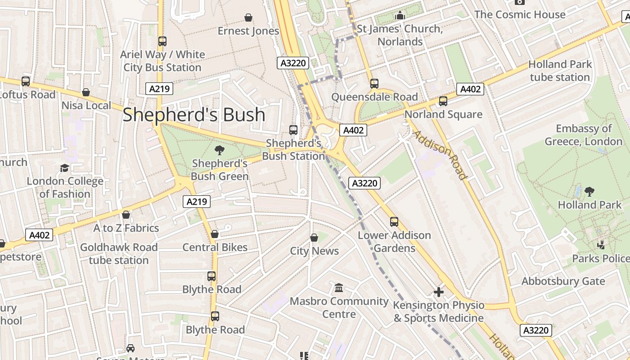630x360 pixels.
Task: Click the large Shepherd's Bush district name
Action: click(x=194, y=115)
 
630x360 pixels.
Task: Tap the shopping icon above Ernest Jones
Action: click(x=248, y=18)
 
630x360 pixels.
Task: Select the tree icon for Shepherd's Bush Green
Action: click(x=219, y=150)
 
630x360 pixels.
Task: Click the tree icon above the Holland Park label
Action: click(x=589, y=192)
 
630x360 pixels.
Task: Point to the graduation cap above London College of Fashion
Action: click(x=65, y=168)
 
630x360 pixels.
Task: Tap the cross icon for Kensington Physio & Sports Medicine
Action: click(x=438, y=292)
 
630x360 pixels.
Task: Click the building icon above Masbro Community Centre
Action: click(x=339, y=288)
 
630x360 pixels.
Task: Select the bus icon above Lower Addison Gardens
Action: click(x=394, y=222)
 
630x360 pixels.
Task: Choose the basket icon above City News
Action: click(x=314, y=238)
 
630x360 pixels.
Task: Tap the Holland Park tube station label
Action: click(x=560, y=71)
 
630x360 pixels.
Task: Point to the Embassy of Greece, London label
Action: click(x=584, y=135)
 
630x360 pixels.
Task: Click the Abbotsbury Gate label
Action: click(x=563, y=281)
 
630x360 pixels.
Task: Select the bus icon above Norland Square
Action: click(x=443, y=101)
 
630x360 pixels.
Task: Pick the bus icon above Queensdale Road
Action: click(x=374, y=84)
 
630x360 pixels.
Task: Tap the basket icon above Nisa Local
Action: click(x=86, y=92)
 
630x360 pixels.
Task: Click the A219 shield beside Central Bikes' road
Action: click(x=197, y=202)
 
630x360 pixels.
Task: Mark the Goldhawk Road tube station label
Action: click(x=119, y=254)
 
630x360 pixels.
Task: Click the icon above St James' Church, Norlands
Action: click(x=400, y=16)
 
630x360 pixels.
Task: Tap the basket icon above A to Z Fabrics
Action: click(x=126, y=215)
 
